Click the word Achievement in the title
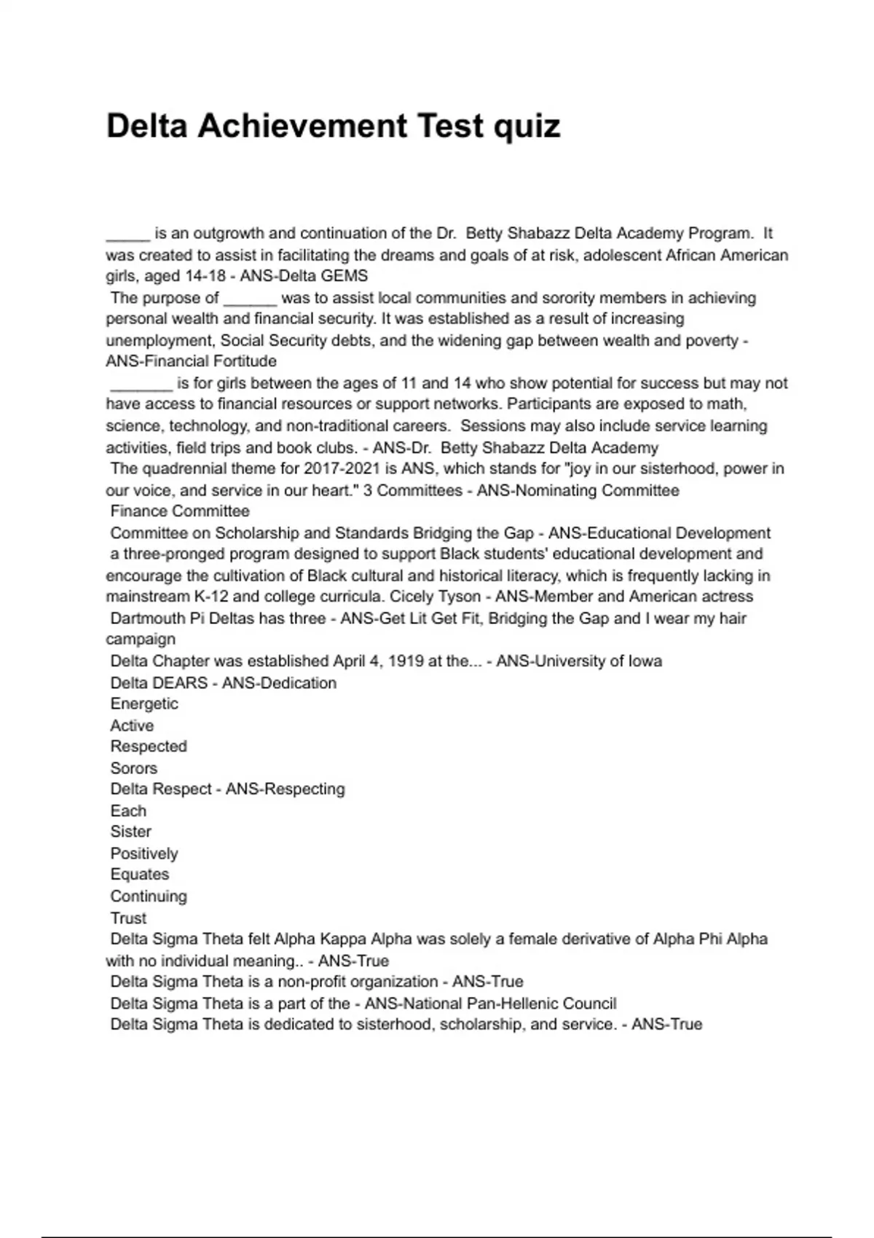click(x=302, y=126)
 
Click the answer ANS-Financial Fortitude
click(x=191, y=361)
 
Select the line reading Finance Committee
click(x=180, y=511)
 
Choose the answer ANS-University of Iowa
click(x=579, y=661)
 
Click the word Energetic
click(x=144, y=703)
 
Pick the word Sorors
click(x=134, y=768)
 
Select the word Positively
click(x=144, y=853)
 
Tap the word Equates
click(x=140, y=874)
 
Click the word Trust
click(x=128, y=918)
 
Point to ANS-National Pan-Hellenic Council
click(x=490, y=1004)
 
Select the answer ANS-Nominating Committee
click(x=578, y=490)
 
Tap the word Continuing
click(x=149, y=896)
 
